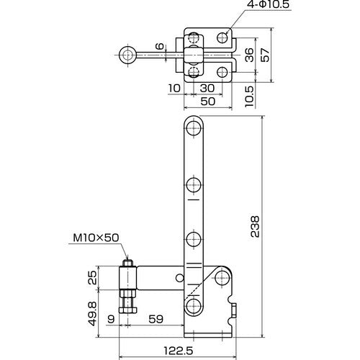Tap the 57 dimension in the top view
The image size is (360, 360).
click(266, 55)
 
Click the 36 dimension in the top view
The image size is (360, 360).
click(248, 55)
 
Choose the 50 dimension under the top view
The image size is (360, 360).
click(208, 102)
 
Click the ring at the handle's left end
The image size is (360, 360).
click(129, 54)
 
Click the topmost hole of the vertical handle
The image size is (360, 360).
click(193, 130)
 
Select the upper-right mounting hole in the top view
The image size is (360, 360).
click(225, 36)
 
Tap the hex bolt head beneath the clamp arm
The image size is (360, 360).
click(127, 310)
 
